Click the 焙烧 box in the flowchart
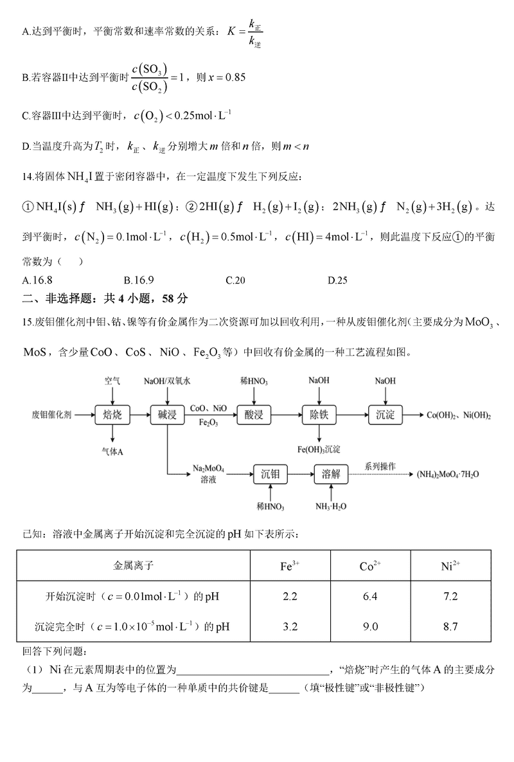click(x=112, y=415)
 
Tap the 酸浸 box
click(x=254, y=415)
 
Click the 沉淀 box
click(x=385, y=415)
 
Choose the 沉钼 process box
click(x=270, y=475)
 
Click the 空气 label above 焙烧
click(x=112, y=381)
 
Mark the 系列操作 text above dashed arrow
click(x=380, y=466)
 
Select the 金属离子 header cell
click(x=134, y=566)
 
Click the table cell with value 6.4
click(x=370, y=596)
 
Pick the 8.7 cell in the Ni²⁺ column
click(x=450, y=626)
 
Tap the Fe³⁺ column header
click(x=290, y=566)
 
